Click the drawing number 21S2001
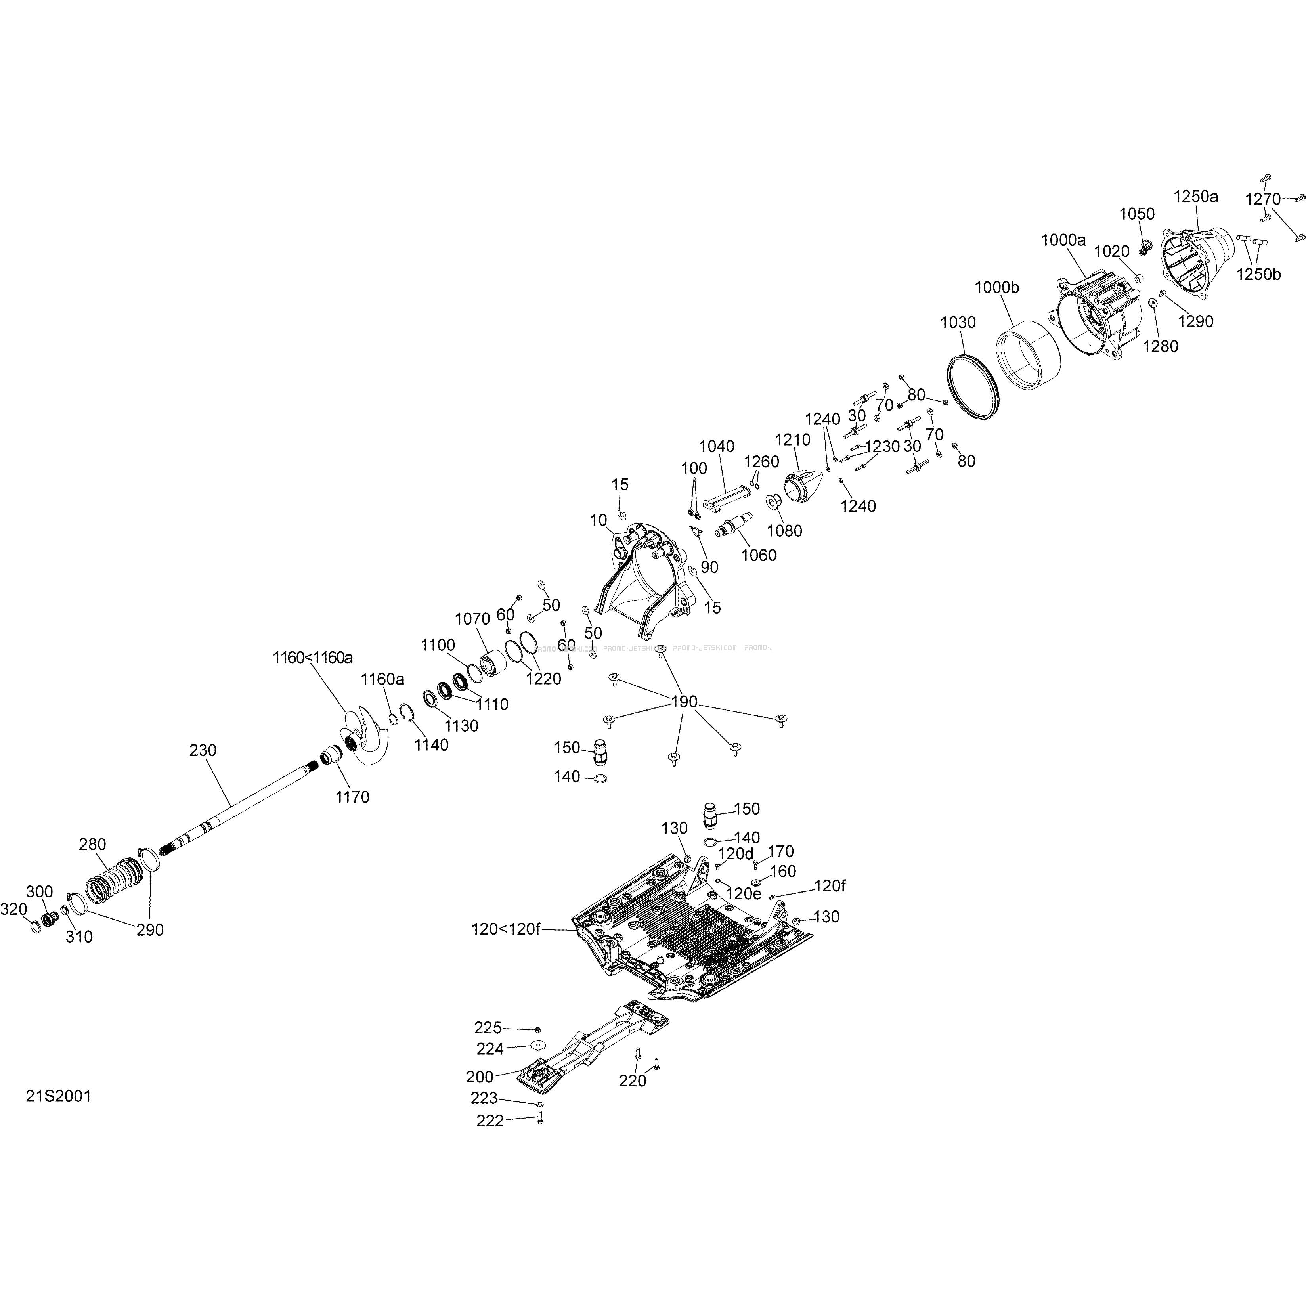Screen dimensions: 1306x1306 [x=58, y=1096]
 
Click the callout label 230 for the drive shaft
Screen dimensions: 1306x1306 [x=203, y=750]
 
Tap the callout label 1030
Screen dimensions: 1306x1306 [x=958, y=323]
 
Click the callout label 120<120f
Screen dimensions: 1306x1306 [x=506, y=929]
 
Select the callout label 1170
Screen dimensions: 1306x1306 [x=352, y=797]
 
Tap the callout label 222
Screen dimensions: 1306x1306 [x=490, y=1121]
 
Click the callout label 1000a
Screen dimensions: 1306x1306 [x=1063, y=240]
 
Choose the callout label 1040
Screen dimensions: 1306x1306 [x=717, y=446]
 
